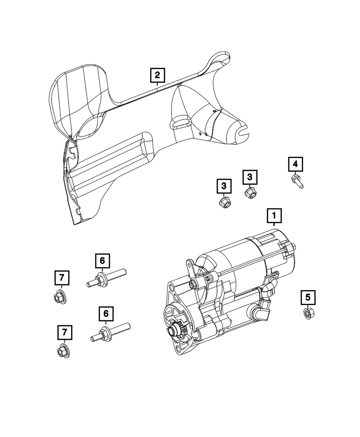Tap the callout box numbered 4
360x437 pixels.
[x=295, y=165]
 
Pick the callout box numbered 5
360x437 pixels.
[x=308, y=297]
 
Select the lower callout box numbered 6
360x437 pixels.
[x=106, y=314]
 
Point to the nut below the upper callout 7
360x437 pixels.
[x=59, y=297]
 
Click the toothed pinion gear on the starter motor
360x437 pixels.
[x=179, y=329]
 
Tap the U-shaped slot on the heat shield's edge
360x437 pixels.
[x=243, y=132]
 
